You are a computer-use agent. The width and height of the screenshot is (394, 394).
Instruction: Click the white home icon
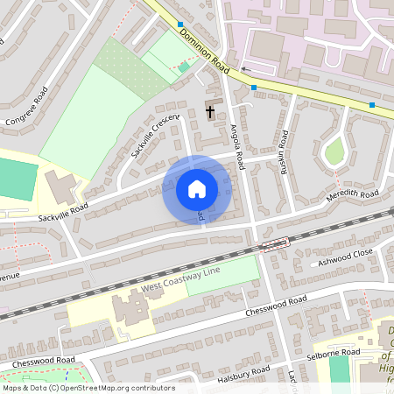[197, 189]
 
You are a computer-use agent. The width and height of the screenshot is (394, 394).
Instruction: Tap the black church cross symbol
[210, 110]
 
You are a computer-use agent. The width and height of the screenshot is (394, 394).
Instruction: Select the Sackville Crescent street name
[154, 135]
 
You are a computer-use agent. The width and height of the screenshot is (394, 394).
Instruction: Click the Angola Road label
[235, 140]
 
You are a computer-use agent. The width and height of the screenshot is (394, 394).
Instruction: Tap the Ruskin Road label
[283, 151]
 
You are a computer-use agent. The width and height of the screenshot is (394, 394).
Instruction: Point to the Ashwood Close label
[345, 256]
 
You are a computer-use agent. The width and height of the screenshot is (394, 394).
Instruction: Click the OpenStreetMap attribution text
[88, 388]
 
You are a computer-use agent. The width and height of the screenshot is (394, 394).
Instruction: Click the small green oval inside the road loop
[334, 151]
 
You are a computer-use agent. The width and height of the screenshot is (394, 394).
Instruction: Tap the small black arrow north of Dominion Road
[245, 69]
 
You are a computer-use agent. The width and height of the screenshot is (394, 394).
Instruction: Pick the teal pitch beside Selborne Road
[339, 369]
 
